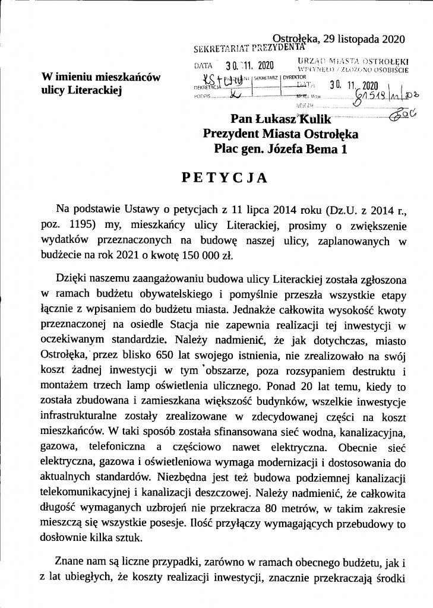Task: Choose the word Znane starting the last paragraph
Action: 71,561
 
